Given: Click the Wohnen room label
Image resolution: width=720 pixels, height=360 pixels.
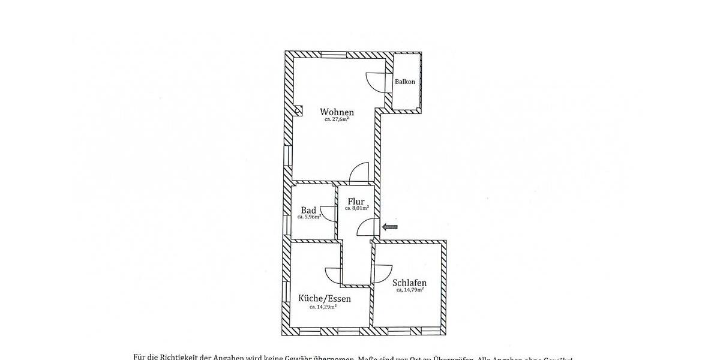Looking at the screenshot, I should click(337, 112).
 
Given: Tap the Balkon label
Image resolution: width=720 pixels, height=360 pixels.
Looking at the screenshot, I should click(405, 82).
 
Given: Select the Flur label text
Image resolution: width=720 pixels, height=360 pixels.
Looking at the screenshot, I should click(356, 201).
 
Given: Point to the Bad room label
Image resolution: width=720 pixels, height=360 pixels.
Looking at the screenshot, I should click(308, 211).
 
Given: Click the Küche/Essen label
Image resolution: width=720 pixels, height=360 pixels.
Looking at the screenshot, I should click(324, 298).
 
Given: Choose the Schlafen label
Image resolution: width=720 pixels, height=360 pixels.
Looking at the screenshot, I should click(410, 283).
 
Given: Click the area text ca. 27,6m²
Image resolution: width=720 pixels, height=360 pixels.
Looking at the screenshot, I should click(337, 119).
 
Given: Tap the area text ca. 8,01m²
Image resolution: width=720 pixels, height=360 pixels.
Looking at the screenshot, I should click(356, 208).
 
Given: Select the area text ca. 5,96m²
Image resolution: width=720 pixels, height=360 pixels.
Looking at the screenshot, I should click(309, 217).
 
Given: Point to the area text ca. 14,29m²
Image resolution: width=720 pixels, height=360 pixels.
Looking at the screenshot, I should click(323, 307).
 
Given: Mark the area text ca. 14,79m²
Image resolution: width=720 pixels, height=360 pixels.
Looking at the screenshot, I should click(410, 290).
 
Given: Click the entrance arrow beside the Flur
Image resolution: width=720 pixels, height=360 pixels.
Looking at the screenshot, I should click(390, 227).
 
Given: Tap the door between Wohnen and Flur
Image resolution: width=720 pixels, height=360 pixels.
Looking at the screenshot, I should click(359, 172).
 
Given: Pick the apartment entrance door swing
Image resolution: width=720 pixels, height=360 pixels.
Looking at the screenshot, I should click(367, 228).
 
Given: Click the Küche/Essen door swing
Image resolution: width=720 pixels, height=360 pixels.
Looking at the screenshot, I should click(333, 275).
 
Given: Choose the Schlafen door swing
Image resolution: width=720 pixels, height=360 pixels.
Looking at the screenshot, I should click(381, 273).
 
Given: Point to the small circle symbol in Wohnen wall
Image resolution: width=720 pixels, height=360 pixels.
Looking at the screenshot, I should click(298, 110).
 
